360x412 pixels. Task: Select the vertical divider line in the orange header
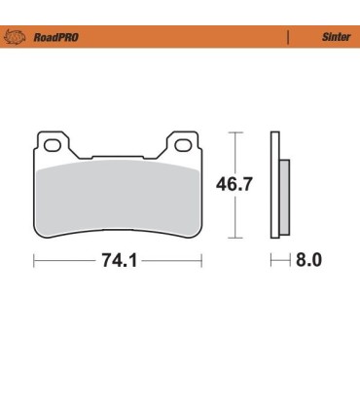tap(288, 37)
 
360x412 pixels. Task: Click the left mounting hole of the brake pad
tap(54, 148)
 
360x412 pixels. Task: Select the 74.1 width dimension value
tap(118, 261)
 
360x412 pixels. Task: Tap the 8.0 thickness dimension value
tap(306, 261)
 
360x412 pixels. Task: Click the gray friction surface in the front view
tap(118, 195)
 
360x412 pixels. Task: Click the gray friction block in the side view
tap(283, 195)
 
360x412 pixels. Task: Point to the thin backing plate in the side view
tap(276, 185)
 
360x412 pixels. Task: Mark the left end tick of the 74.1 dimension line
tap(35, 261)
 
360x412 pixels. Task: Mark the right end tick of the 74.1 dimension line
tap(201, 261)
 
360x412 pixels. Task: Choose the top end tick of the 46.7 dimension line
tap(234, 131)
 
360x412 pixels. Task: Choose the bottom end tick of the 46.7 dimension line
tap(234, 238)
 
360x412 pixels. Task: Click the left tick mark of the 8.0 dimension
tap(273, 261)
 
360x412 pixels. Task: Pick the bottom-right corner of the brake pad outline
tap(199, 235)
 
